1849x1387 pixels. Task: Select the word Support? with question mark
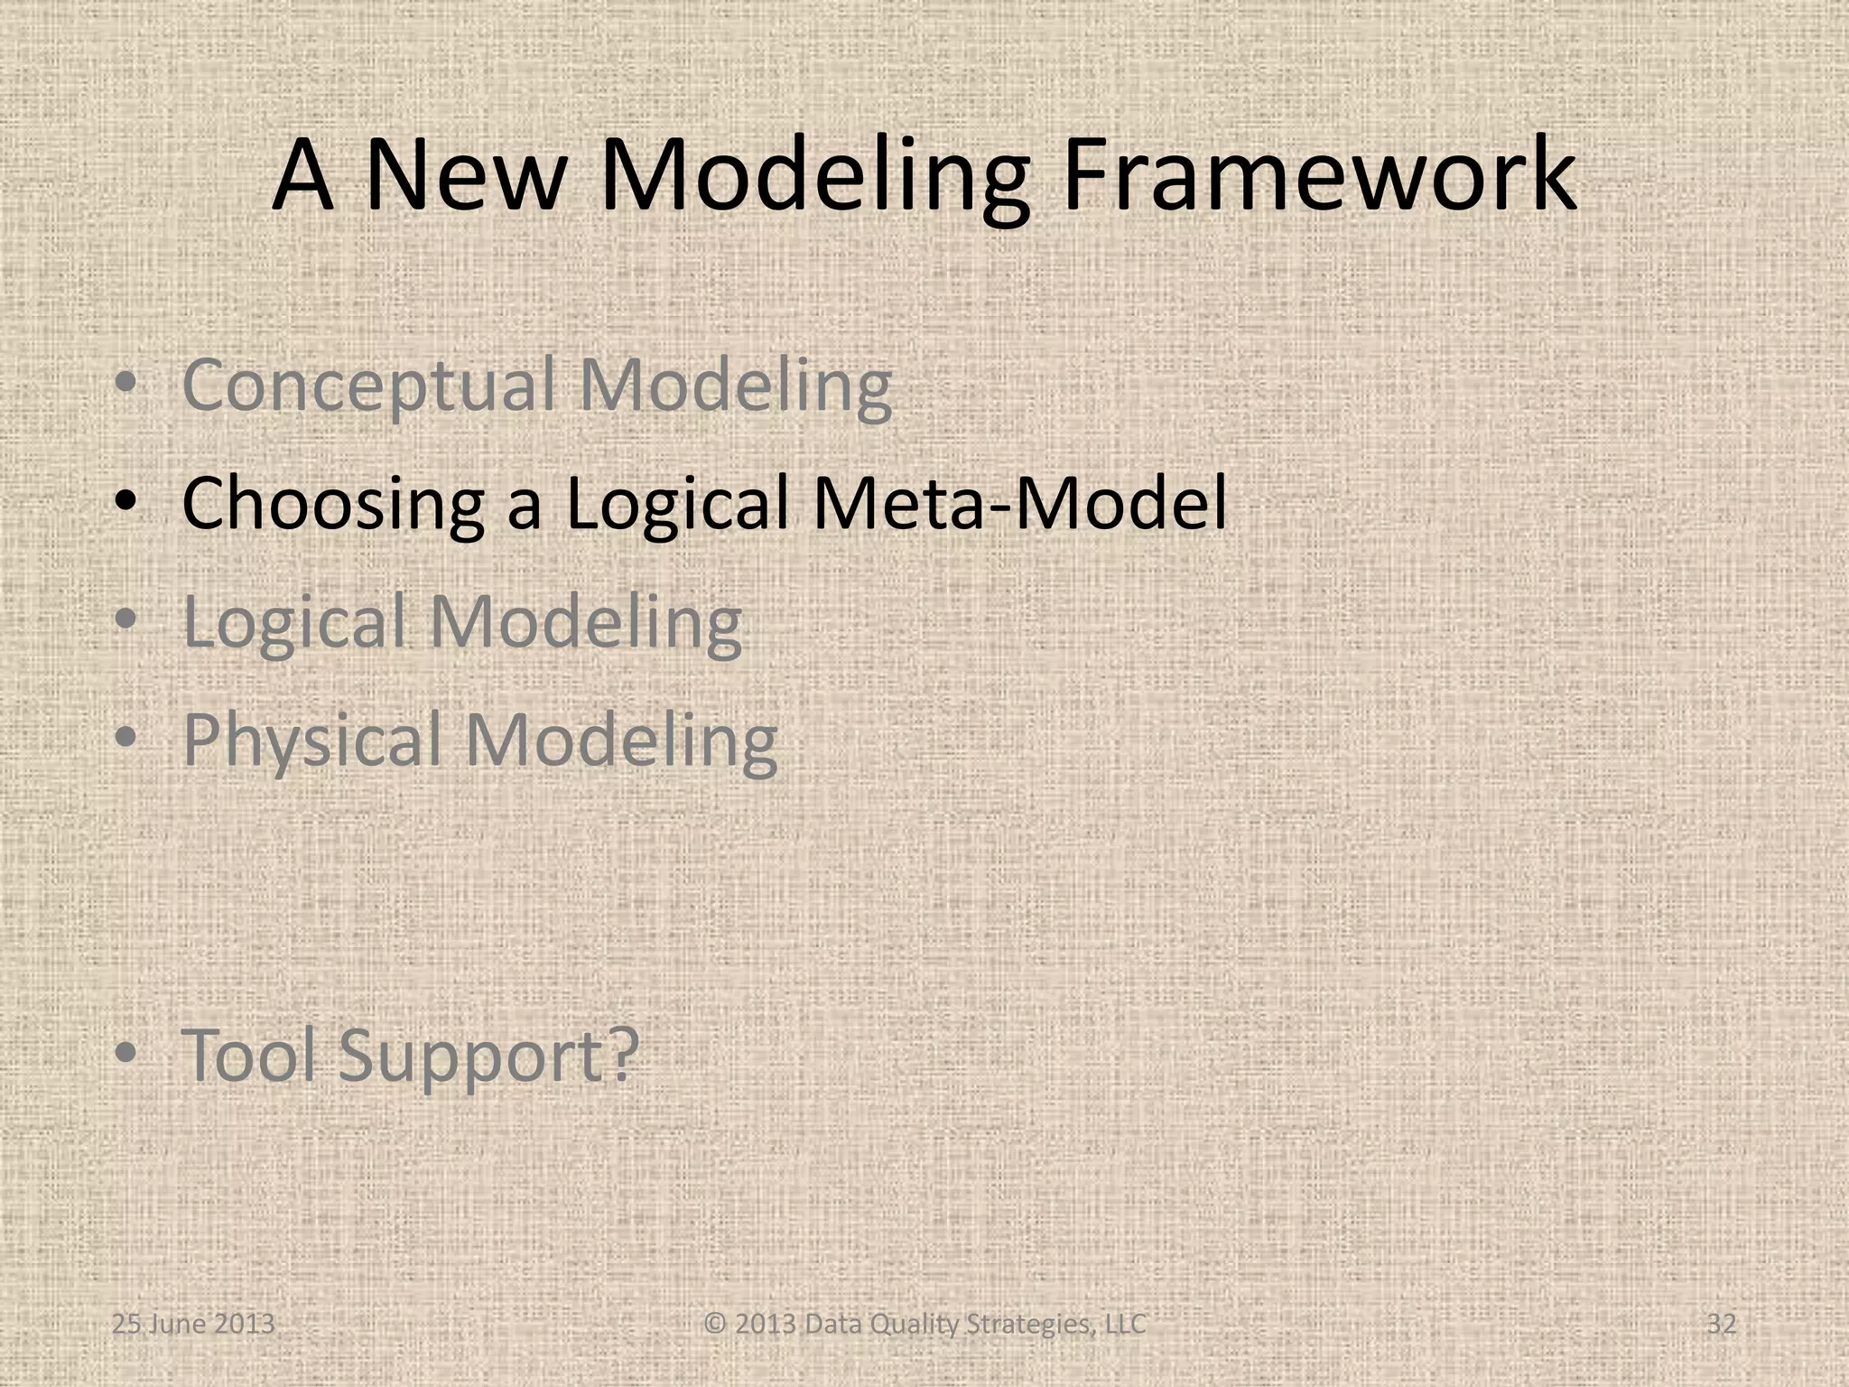[x=488, y=1057]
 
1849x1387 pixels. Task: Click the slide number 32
[x=1721, y=1324]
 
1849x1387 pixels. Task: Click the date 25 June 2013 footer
[x=193, y=1324]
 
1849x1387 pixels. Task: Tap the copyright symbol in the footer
[x=715, y=1324]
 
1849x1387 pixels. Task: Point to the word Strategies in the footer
[x=1033, y=1324]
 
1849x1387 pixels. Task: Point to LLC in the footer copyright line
[x=1127, y=1324]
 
